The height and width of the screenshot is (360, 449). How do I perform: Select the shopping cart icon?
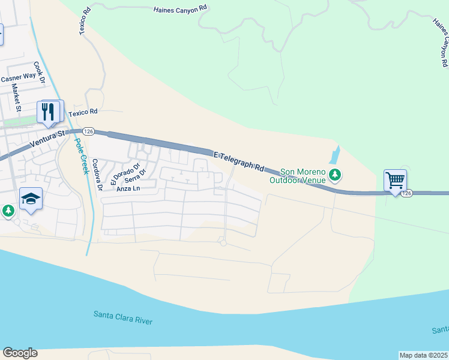[395, 180]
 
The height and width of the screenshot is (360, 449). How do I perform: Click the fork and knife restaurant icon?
[49, 111]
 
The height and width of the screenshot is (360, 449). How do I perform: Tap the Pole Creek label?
[79, 155]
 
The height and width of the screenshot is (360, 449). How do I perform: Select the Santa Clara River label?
[123, 317]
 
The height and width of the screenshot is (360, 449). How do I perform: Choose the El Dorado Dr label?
[125, 174]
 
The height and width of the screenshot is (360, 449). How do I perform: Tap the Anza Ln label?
[128, 189]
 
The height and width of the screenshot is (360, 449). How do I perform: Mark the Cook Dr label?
[40, 73]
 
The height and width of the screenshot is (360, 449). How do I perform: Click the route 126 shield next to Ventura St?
[88, 131]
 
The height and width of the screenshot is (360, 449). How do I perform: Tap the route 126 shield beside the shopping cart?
[408, 193]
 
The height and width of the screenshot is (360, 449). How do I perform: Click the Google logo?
[20, 353]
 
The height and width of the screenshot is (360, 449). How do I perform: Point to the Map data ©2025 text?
[423, 355]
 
